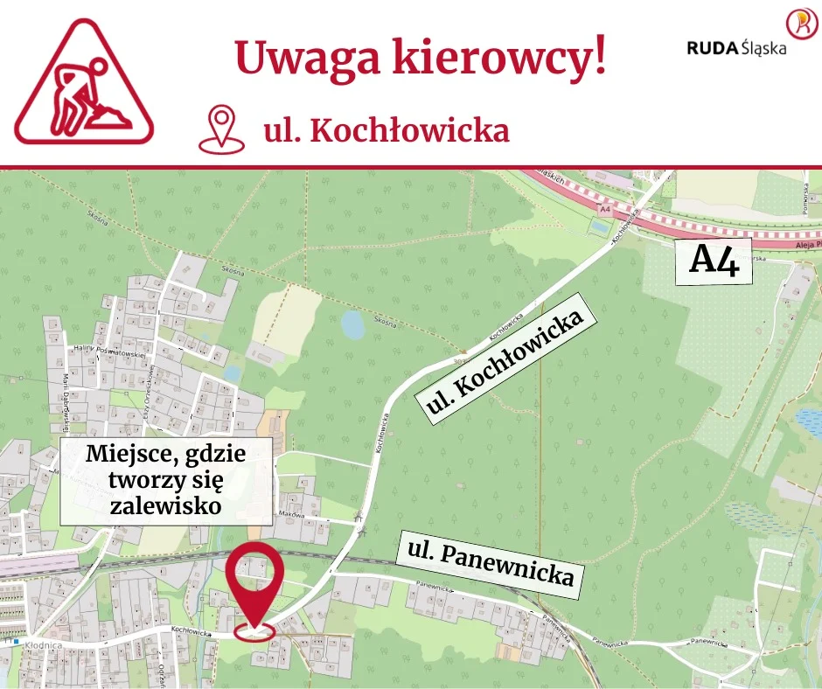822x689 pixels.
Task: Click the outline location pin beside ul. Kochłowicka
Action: pyautogui.click(x=221, y=129)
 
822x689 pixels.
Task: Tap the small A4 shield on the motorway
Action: pyautogui.click(x=605, y=211)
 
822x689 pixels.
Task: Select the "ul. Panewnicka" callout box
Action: pyautogui.click(x=490, y=564)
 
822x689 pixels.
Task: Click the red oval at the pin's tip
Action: pyautogui.click(x=254, y=630)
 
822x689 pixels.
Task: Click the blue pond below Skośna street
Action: pyautogui.click(x=352, y=326)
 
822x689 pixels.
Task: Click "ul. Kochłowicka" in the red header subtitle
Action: pyautogui.click(x=387, y=130)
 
